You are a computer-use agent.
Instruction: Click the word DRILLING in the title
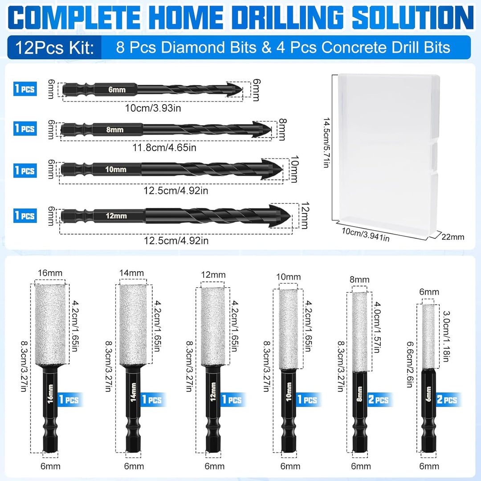tap(287, 17)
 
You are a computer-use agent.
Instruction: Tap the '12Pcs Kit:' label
tap(54, 48)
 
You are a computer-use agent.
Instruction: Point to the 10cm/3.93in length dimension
tap(153, 108)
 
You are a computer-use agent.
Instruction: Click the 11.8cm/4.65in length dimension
tap(164, 147)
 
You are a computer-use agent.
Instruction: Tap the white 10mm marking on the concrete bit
tap(116, 170)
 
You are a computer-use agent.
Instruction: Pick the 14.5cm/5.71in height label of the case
tap(326, 143)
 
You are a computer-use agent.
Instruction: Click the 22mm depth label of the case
tap(453, 236)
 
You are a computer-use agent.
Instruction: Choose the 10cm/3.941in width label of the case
tap(366, 235)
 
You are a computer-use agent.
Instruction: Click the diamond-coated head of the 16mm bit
tap(50, 325)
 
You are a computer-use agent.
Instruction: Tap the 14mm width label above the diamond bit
tap(131, 273)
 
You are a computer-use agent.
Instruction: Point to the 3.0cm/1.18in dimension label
tap(446, 336)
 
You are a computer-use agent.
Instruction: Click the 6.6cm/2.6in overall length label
tap(410, 365)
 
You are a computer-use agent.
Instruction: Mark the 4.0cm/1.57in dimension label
tap(377, 327)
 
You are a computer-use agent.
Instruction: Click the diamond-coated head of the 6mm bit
tap(428, 337)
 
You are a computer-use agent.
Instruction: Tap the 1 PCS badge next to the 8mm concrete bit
tap(25, 128)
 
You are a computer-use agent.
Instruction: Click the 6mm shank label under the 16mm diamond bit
tap(50, 466)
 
